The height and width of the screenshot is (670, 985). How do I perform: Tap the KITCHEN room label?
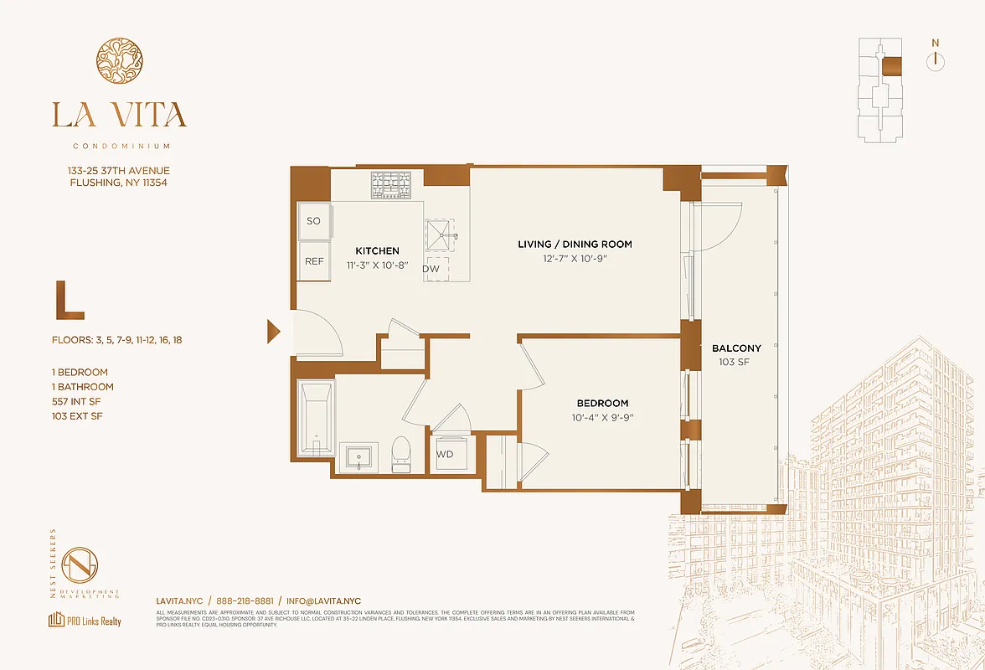[x=377, y=250]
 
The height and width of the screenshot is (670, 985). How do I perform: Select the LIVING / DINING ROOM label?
[x=575, y=244]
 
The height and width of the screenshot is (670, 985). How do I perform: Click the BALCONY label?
[x=736, y=348]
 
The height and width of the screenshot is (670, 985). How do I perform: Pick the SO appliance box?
[x=314, y=222]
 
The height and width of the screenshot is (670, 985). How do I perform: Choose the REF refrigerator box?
[x=314, y=261]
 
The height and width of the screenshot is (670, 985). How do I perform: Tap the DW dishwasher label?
[x=431, y=270]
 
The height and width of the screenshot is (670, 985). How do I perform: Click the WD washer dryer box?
[x=445, y=454]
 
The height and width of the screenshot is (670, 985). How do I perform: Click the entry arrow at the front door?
[x=273, y=332]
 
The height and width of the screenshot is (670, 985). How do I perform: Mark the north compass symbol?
[x=935, y=59]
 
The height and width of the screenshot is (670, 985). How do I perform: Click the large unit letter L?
[x=69, y=301]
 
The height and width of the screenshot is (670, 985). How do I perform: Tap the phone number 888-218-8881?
[x=245, y=600]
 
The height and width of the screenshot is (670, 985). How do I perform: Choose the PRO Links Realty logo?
[x=85, y=621]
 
